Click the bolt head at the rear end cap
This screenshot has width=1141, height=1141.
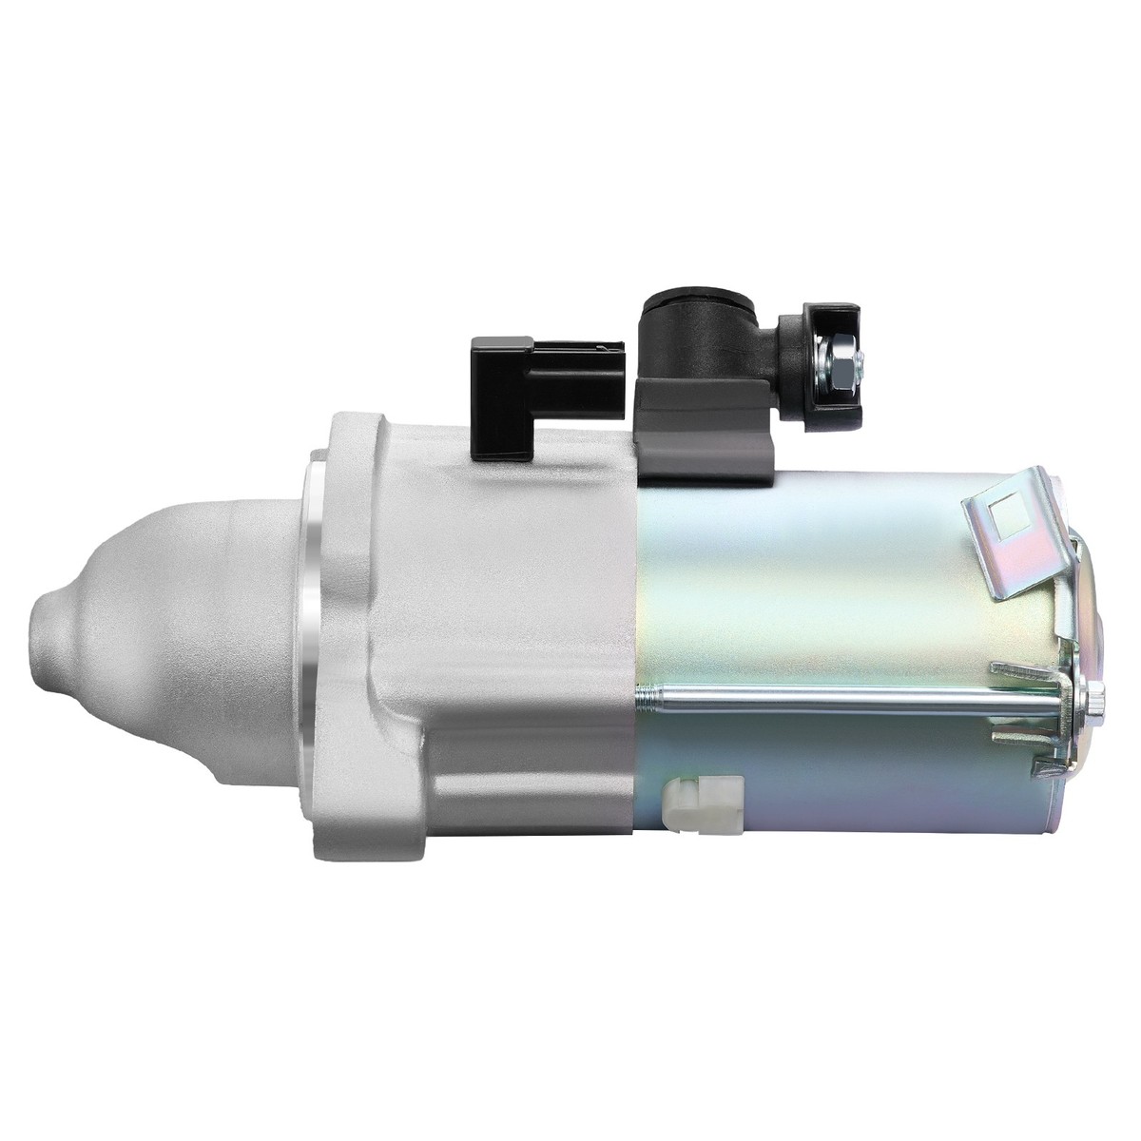click(1093, 704)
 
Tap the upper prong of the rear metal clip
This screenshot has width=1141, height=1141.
click(1027, 671)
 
